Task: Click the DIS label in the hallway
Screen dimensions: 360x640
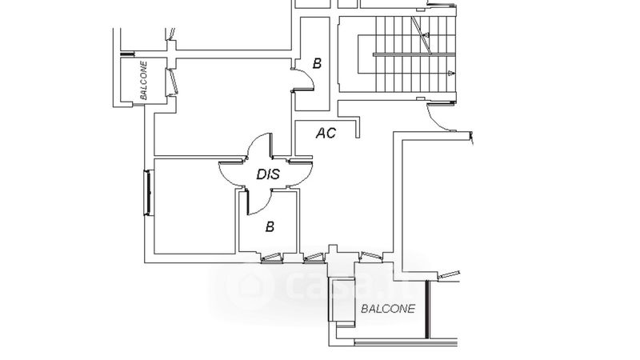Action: point(267,173)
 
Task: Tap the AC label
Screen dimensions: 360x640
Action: point(326,133)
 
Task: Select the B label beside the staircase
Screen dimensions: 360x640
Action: point(317,64)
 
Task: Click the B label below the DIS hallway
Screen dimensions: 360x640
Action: point(270,227)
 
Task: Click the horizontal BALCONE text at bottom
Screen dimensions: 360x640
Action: point(388,309)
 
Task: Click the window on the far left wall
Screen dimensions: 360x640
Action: point(148,192)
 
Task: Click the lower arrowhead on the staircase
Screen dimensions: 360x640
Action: point(452,74)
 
